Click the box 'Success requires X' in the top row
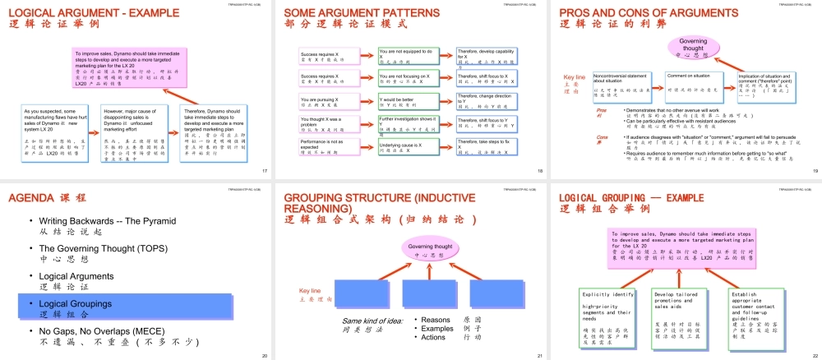pos(326,55)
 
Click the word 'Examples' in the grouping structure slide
pos(438,328)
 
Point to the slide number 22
pos(814,356)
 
